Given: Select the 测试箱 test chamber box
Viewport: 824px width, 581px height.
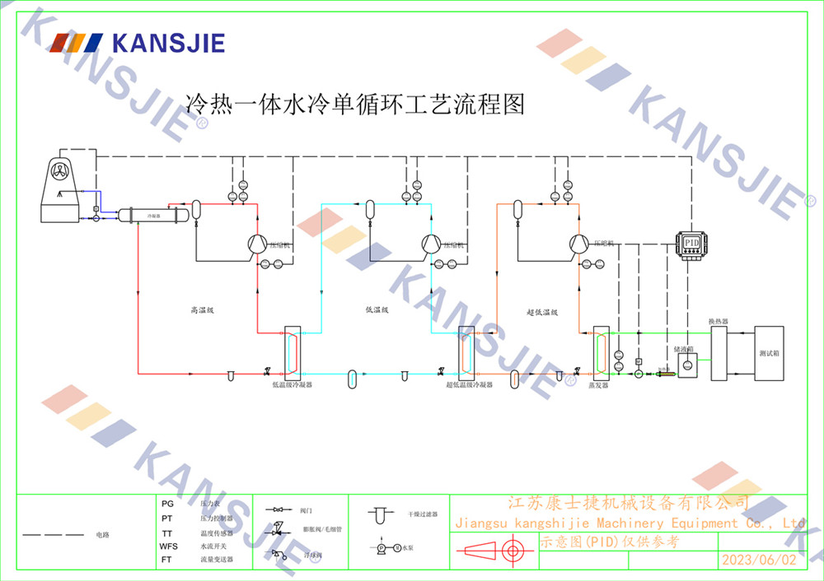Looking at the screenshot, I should click(x=768, y=353).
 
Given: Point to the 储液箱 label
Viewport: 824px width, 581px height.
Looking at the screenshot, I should click(x=684, y=349).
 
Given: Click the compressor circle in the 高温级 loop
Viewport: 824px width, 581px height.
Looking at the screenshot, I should click(x=255, y=243).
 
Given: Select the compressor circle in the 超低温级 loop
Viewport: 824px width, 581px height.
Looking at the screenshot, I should click(x=579, y=243).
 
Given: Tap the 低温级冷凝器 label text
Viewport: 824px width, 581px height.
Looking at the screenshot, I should click(x=293, y=384).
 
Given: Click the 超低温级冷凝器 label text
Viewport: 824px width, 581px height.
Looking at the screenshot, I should click(x=469, y=384).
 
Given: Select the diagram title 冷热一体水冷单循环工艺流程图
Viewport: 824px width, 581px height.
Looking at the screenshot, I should click(x=355, y=105).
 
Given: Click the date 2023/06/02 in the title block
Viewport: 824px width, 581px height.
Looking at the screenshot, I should click(x=759, y=560).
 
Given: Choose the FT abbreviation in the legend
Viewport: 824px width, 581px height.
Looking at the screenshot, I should click(x=167, y=560).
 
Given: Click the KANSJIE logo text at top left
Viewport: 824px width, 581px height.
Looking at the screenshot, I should click(x=167, y=43).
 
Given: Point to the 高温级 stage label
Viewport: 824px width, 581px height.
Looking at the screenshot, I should click(x=202, y=311).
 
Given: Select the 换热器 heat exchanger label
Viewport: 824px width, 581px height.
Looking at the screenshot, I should click(x=719, y=321).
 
